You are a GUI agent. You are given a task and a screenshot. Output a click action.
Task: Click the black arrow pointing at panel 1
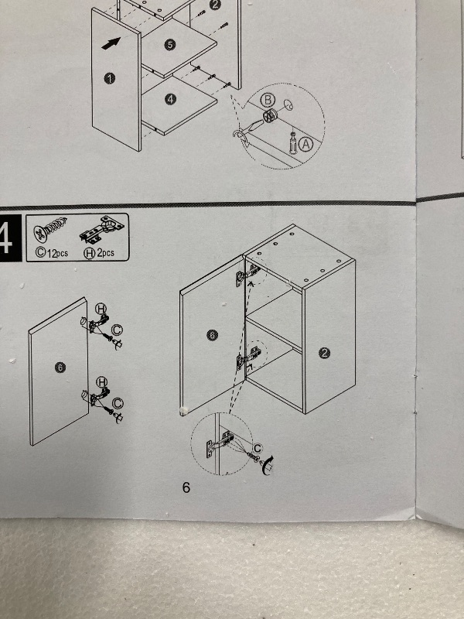click(111, 43)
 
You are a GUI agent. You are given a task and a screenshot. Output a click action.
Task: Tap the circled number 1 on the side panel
click(110, 79)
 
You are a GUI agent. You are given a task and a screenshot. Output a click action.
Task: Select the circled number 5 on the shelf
click(169, 45)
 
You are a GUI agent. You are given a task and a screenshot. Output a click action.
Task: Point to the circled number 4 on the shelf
click(170, 100)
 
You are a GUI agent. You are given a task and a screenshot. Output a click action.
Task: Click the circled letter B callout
click(268, 101)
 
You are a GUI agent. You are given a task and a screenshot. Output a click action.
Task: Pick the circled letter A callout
click(305, 145)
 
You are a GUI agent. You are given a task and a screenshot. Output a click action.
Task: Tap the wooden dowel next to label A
click(293, 143)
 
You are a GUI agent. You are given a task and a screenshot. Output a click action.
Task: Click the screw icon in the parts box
click(50, 229)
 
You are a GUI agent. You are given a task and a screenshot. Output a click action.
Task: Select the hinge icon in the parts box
click(102, 229)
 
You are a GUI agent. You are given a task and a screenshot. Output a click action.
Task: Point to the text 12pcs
click(57, 253)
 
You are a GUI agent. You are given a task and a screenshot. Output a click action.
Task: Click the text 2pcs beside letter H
click(106, 253)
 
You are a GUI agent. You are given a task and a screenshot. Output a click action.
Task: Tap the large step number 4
click(6, 238)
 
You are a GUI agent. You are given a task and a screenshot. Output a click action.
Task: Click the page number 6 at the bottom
click(186, 487)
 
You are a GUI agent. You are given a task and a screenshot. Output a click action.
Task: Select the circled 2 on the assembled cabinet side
click(324, 354)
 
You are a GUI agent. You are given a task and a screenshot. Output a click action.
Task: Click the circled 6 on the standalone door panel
click(60, 368)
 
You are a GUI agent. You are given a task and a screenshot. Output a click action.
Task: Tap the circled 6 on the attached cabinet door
click(212, 335)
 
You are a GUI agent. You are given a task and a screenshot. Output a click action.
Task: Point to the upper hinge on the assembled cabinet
click(247, 275)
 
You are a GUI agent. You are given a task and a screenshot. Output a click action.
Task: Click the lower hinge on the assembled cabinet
click(247, 358)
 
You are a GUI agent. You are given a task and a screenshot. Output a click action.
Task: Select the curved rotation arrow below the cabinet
click(268, 465)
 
